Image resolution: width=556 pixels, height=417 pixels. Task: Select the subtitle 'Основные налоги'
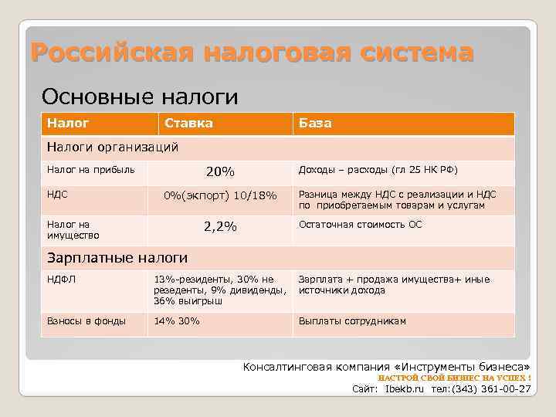tap(140, 97)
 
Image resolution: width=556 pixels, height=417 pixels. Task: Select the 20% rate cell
tap(220, 171)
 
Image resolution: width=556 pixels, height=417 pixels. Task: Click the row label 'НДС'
tap(57, 195)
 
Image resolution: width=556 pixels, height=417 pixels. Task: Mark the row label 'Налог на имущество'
tap(73, 229)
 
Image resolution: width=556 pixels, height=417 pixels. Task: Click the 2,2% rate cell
tap(220, 226)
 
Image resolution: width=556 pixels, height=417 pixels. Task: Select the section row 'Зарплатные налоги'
tap(117, 257)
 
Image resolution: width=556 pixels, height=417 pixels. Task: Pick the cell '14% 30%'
tap(177, 320)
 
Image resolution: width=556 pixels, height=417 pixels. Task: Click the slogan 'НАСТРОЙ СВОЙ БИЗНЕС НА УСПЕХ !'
tap(454, 378)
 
